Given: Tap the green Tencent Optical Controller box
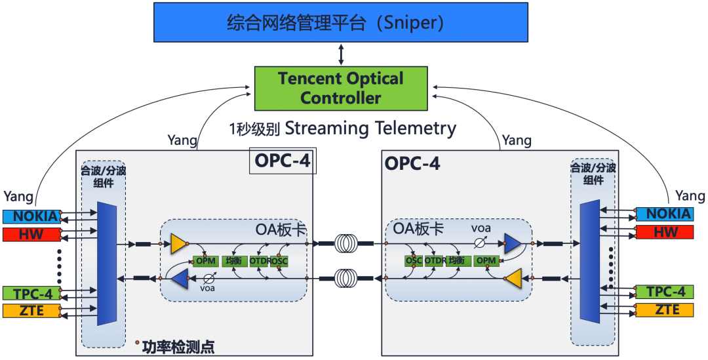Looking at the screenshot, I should pyautogui.click(x=340, y=89).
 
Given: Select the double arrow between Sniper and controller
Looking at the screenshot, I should pyautogui.click(x=340, y=54).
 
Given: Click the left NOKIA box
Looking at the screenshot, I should pyautogui.click(x=30, y=216).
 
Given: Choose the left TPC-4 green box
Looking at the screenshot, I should pyautogui.click(x=30, y=293).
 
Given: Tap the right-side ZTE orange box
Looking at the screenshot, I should pyautogui.click(x=668, y=310).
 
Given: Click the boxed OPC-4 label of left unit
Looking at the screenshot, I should pyautogui.click(x=283, y=161).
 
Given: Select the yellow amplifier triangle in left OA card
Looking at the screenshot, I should pyautogui.click(x=178, y=244).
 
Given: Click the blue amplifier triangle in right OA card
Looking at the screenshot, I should pyautogui.click(x=512, y=244).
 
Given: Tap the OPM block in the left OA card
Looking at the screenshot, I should pyautogui.click(x=205, y=260).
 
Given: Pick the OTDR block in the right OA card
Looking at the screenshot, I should pyautogui.click(x=435, y=260).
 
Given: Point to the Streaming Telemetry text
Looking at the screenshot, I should pyautogui.click(x=370, y=128).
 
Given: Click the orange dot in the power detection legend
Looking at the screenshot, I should pyautogui.click(x=137, y=343).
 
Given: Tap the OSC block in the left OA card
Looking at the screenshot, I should pyautogui.click(x=279, y=260).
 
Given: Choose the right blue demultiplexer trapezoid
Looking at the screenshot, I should pyautogui.click(x=589, y=263).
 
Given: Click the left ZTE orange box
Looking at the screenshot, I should pyautogui.click(x=30, y=310).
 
